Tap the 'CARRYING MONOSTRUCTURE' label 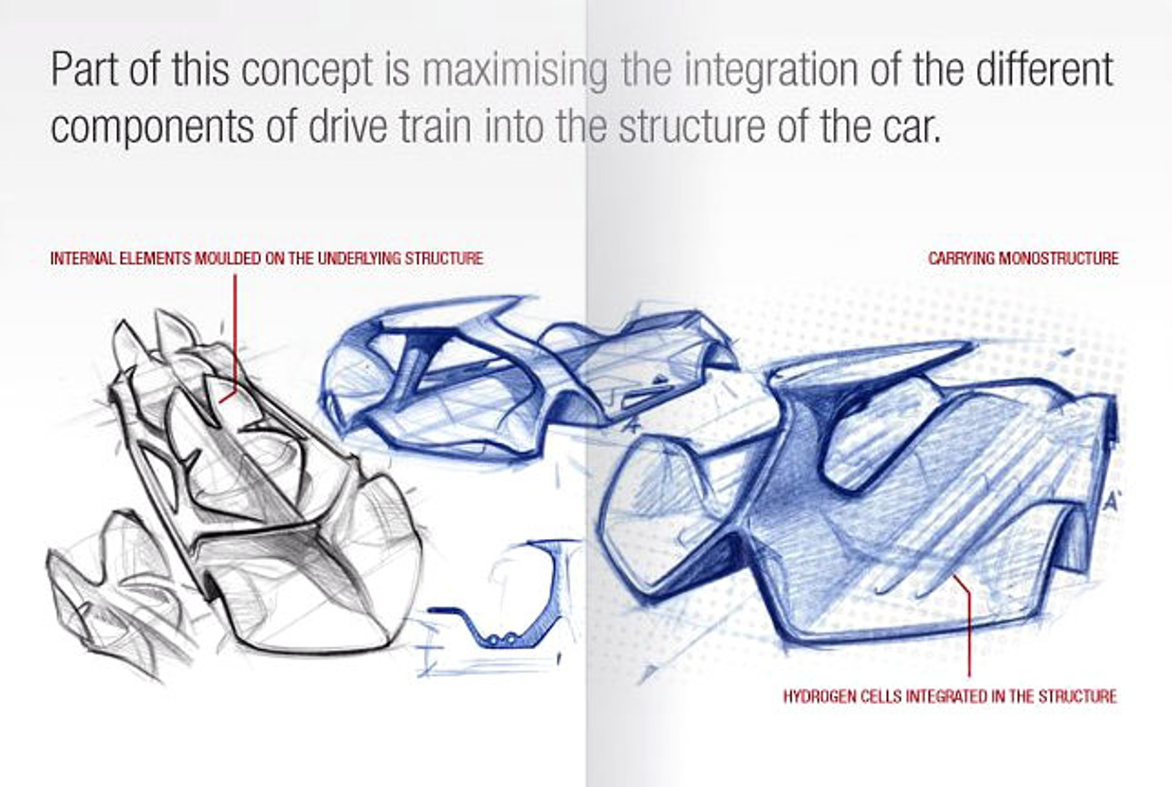pos(1023,258)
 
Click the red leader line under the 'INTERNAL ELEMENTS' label pos(236,331)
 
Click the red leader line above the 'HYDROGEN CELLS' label pos(969,630)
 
